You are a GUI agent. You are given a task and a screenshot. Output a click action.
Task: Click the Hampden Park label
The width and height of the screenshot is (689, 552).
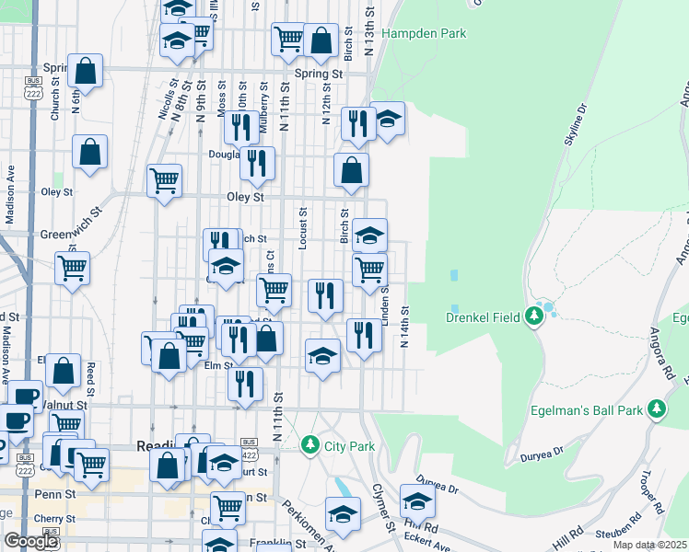coord(424,34)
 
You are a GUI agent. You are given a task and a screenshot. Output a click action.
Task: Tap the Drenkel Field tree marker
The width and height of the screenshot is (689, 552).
coord(534,317)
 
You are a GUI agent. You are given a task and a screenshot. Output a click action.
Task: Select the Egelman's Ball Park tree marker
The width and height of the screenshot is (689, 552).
coord(656,408)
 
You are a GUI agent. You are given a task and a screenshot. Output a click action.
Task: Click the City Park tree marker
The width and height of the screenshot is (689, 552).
coord(310,445)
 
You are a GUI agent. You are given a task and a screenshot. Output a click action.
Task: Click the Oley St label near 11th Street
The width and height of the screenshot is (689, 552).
coord(246,197)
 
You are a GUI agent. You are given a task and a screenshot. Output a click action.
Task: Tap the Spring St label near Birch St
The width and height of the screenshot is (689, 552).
coord(318,74)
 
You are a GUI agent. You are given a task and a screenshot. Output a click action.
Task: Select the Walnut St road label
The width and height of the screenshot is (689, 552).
coord(64,404)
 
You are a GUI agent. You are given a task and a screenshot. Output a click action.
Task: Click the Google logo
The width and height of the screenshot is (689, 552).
coord(30,541)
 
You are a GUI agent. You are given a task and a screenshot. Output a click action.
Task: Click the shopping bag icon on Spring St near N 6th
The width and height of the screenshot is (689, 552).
coord(85,72)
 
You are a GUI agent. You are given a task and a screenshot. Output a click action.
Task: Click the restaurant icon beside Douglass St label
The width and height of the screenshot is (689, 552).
coord(257,163)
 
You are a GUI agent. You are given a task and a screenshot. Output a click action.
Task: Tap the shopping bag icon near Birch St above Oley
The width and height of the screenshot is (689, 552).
coord(351,170)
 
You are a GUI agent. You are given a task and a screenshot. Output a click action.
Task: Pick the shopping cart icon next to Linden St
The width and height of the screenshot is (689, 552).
coord(369,270)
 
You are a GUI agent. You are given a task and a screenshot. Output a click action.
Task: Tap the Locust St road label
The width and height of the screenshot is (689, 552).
coord(302,228)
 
